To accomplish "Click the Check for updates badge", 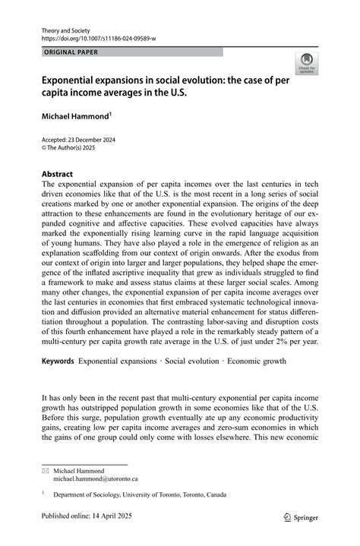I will pos(308,62).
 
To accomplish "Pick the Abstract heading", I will pos(58,173).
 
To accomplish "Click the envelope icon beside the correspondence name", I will pos(44,472).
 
